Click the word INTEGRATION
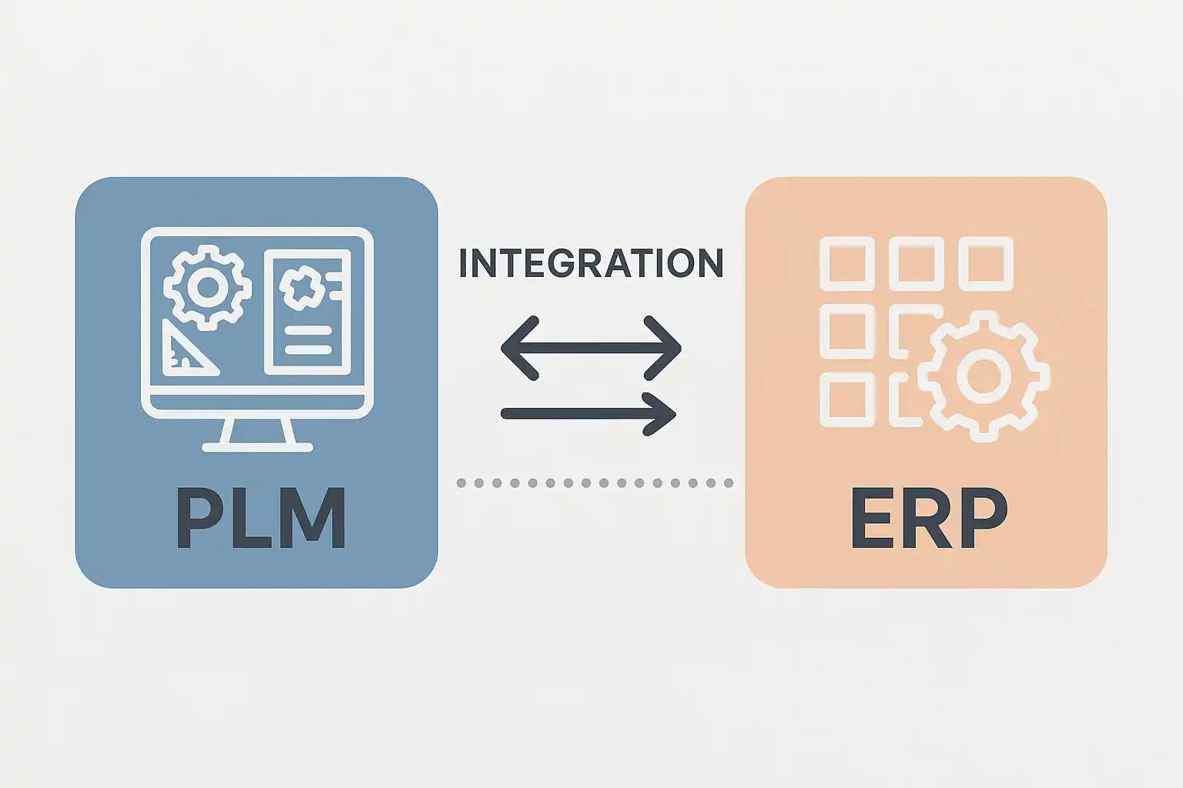pos(591,263)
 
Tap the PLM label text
pos(260,518)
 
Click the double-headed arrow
pos(591,348)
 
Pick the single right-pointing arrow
pos(588,414)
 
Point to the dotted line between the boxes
pos(594,483)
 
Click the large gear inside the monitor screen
pos(207,287)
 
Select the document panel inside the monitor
pos(307,312)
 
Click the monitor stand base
pos(257,447)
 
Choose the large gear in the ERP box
pos(984,376)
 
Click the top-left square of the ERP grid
pos(846,264)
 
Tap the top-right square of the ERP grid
pos(986,264)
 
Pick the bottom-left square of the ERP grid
pos(846,399)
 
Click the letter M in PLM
pos(310,518)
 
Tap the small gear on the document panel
pos(301,287)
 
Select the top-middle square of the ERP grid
pos(916,264)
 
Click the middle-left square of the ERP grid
pos(846,332)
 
